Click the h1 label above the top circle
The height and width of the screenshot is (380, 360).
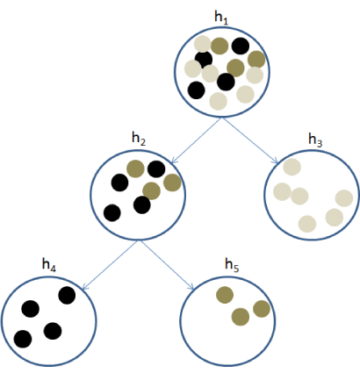click(x=221, y=18)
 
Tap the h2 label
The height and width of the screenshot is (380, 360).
click(x=139, y=139)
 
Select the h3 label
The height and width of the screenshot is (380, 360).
click(x=315, y=140)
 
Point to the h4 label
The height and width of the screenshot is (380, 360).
click(x=49, y=265)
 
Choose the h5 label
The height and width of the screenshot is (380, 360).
click(x=232, y=265)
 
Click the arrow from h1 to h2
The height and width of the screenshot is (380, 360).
click(x=196, y=140)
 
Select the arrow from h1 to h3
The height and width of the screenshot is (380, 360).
click(x=249, y=140)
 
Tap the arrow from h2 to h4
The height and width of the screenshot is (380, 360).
click(x=110, y=265)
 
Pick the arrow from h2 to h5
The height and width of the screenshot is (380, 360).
click(x=168, y=265)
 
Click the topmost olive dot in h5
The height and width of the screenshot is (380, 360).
click(x=225, y=295)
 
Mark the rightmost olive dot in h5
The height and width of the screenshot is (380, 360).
click(x=262, y=309)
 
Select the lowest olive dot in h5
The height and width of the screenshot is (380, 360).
click(x=241, y=317)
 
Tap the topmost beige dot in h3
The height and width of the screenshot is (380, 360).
click(x=292, y=167)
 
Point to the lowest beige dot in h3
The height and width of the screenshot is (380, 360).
click(x=307, y=224)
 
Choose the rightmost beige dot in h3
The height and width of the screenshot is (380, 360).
click(x=344, y=198)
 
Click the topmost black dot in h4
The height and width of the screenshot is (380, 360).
click(x=67, y=296)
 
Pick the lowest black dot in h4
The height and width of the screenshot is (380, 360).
click(x=23, y=339)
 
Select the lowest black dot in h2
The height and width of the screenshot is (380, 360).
click(x=112, y=213)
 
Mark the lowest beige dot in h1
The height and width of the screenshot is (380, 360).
click(x=219, y=101)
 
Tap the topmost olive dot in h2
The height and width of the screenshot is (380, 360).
click(x=135, y=168)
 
